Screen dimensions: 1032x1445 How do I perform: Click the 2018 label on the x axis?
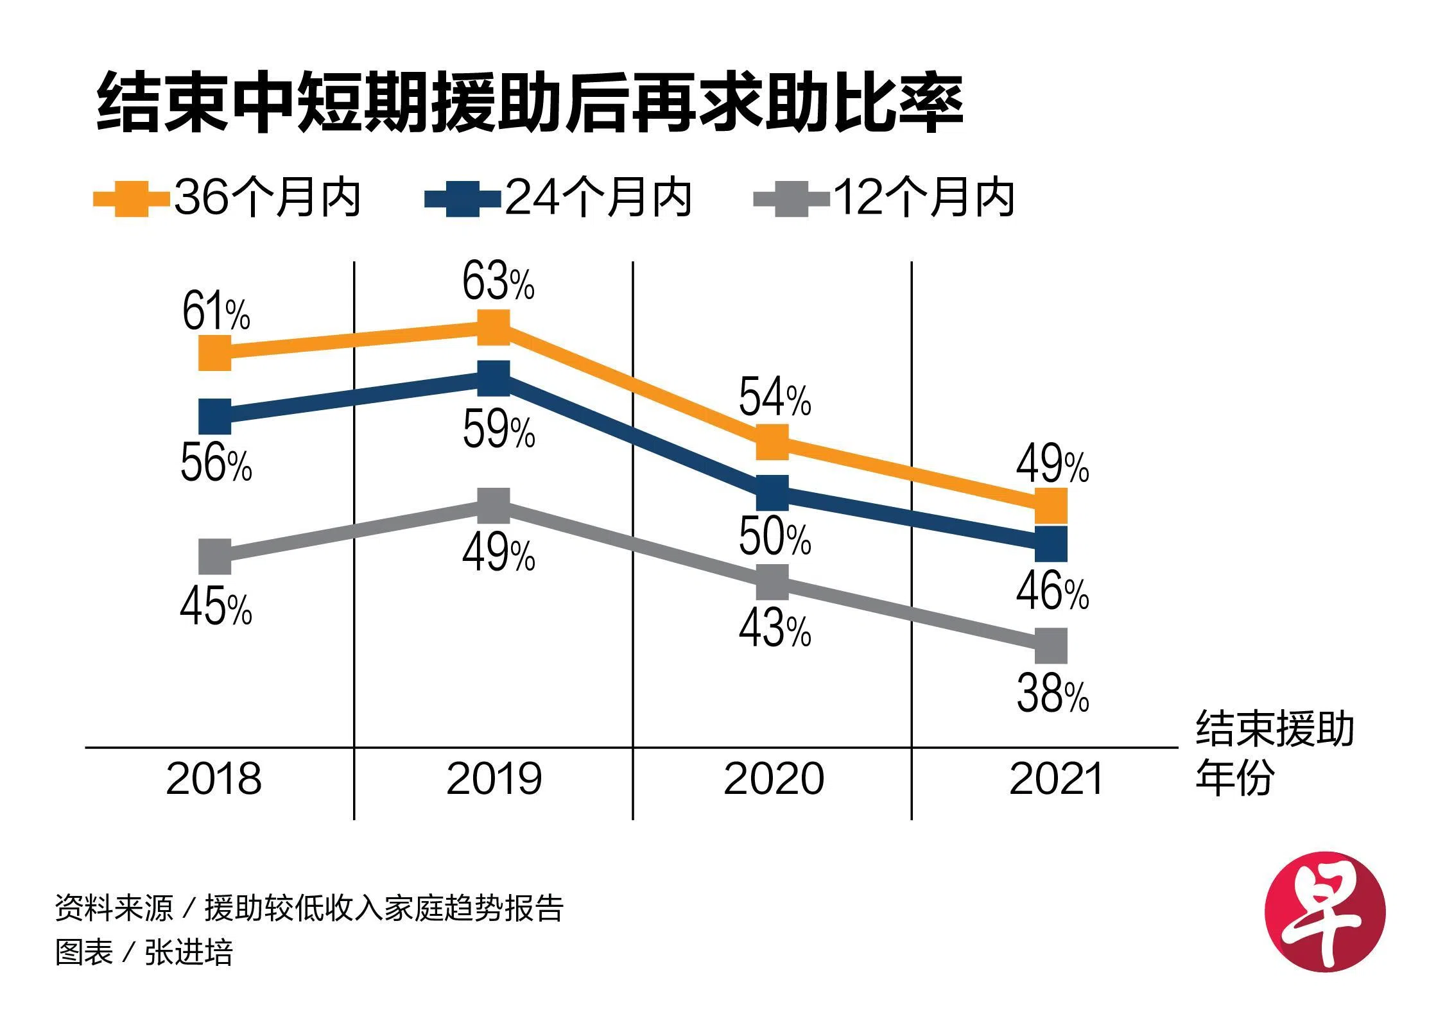click(214, 779)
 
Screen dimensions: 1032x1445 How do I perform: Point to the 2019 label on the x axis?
click(494, 779)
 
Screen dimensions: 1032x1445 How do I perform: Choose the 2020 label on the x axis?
click(774, 779)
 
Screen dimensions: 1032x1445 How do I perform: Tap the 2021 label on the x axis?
click(1055, 779)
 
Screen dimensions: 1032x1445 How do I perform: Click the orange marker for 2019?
click(494, 327)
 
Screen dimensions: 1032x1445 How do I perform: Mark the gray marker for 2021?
click(1051, 646)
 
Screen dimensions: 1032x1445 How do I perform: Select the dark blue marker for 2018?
click(215, 417)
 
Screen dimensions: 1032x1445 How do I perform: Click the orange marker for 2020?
click(772, 442)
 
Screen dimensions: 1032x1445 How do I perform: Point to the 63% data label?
click(498, 282)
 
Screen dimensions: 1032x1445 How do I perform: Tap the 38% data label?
click(1052, 694)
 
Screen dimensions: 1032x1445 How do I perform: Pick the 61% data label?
click(216, 312)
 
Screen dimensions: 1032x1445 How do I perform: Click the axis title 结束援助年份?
click(1274, 753)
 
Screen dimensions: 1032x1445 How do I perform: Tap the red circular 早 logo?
click(1324, 911)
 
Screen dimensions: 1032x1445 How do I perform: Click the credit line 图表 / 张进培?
click(144, 952)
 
